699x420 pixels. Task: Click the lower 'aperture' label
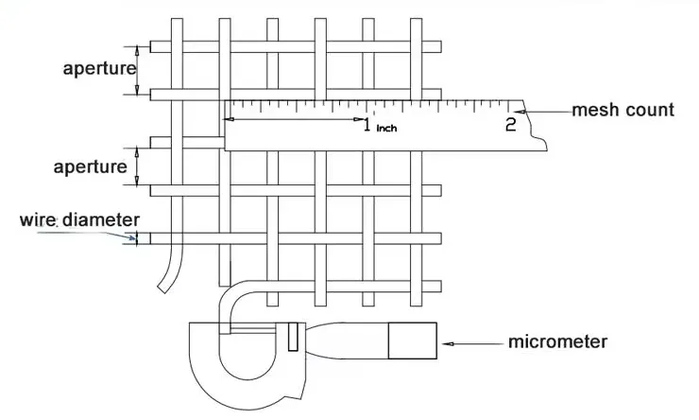tap(90, 166)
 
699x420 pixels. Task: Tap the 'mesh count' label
tap(622, 110)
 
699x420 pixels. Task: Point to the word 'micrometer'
tap(556, 341)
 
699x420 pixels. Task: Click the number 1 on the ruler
tap(367, 124)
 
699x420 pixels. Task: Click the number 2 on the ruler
tap(510, 123)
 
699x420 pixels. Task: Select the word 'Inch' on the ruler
tap(386, 128)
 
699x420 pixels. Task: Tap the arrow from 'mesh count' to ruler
tap(548, 111)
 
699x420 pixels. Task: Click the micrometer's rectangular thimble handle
tap(412, 341)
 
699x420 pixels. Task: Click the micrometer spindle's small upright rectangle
tap(294, 335)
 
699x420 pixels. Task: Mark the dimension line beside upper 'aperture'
tap(138, 69)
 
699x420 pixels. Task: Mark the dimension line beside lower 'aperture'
tap(138, 166)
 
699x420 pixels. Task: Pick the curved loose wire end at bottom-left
tap(168, 274)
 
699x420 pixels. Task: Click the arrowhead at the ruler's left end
tap(228, 119)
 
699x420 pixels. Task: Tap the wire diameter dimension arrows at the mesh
tap(135, 237)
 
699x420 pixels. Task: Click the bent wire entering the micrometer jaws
tap(227, 303)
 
